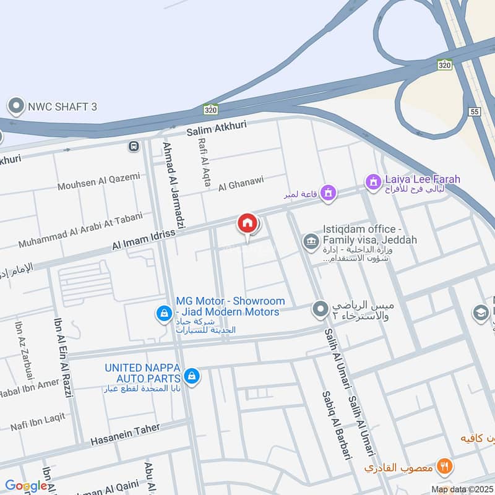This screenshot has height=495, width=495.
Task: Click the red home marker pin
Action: click(x=247, y=224)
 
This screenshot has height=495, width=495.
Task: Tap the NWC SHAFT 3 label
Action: click(x=62, y=106)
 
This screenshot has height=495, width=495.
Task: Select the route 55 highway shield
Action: click(x=475, y=112)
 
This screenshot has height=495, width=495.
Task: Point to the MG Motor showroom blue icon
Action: click(x=163, y=314)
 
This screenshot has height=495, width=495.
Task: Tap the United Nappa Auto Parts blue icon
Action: click(x=192, y=376)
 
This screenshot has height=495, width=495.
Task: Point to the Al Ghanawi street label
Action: click(x=241, y=183)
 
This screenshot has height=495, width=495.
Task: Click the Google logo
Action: click(x=26, y=486)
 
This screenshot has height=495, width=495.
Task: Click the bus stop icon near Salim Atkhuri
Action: click(x=133, y=146)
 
